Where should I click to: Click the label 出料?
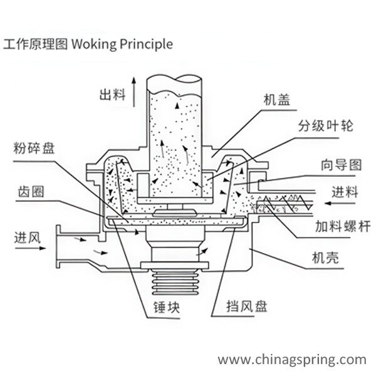point(112,95)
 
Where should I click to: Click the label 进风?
point(27,237)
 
